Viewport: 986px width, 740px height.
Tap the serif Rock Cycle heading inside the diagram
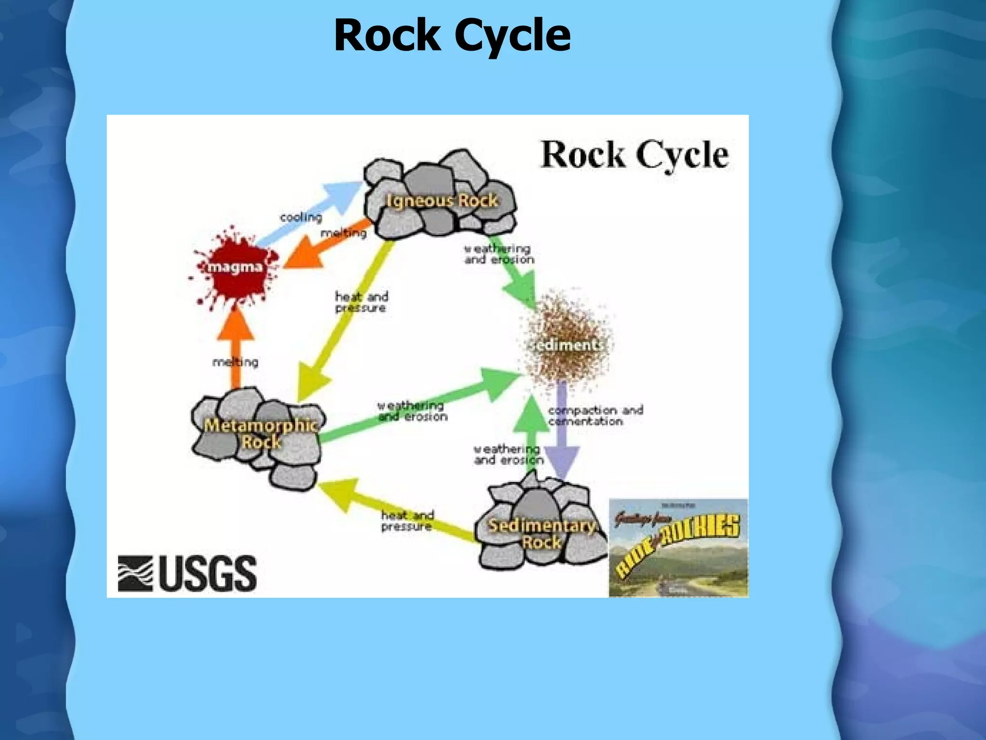click(634, 155)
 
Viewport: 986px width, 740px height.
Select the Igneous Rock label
click(441, 200)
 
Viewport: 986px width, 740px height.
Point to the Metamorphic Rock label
click(260, 433)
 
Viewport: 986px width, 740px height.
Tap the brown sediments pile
click(567, 342)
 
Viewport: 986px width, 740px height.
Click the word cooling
click(301, 217)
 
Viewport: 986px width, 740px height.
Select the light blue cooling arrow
click(313, 207)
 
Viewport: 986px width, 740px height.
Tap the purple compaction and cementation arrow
click(562, 434)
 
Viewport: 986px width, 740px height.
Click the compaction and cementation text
click(595, 415)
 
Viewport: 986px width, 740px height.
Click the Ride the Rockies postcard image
click(678, 548)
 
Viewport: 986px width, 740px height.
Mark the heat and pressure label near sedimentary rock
click(407, 521)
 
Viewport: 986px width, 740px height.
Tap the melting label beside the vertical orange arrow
click(235, 362)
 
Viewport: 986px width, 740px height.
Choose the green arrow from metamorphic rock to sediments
click(419, 410)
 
